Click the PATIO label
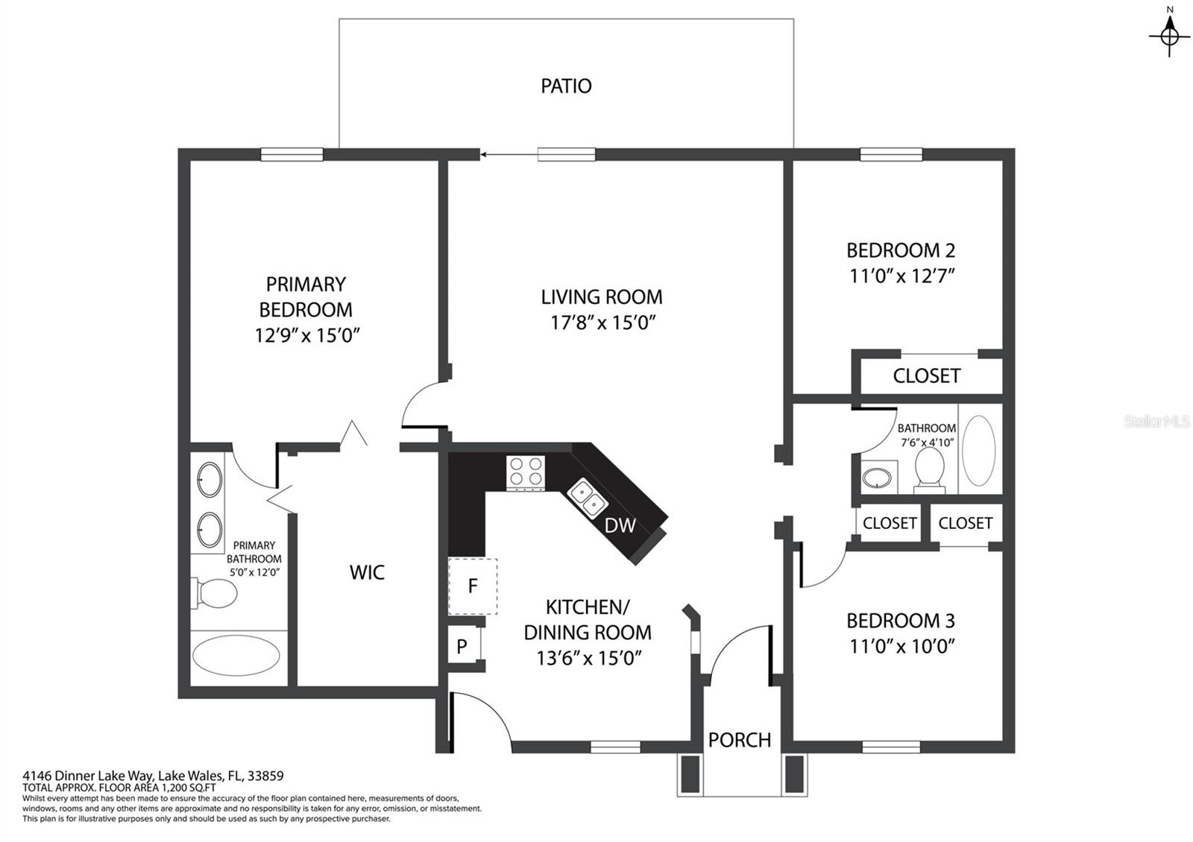pyautogui.click(x=566, y=86)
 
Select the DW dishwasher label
pyautogui.click(x=620, y=525)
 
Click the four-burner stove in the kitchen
pyautogui.click(x=526, y=472)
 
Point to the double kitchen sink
pyautogui.click(x=588, y=497)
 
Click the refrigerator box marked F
pyautogui.click(x=473, y=586)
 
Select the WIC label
pyautogui.click(x=367, y=573)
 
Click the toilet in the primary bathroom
pyautogui.click(x=215, y=593)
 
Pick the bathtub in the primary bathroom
pyautogui.click(x=236, y=655)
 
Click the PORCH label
pyautogui.click(x=740, y=740)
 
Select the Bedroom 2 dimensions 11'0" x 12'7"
pyautogui.click(x=901, y=276)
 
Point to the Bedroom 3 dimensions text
pyautogui.click(x=901, y=646)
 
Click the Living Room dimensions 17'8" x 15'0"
pyautogui.click(x=602, y=323)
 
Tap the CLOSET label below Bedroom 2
pyautogui.click(x=927, y=376)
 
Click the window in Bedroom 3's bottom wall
pyautogui.click(x=891, y=747)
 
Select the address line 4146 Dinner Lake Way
pyautogui.click(x=153, y=776)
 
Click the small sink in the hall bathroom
pyautogui.click(x=877, y=478)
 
